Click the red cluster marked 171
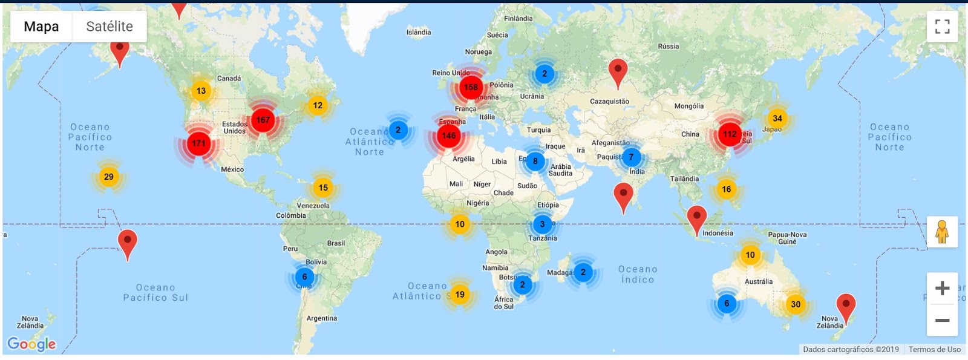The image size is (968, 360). point(198,143)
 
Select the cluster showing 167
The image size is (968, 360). point(263,120)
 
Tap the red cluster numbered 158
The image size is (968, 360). point(471,87)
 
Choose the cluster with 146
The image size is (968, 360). point(448,136)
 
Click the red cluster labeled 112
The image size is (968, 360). point(730,134)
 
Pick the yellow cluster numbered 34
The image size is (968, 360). point(777,119)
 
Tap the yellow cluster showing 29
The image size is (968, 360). point(108,177)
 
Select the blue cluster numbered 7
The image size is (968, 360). point(631,157)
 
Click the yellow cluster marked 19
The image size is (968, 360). point(460,295)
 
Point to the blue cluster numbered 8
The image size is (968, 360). point(535,161)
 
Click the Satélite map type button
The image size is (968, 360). point(110,27)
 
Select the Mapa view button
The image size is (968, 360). point(41,27)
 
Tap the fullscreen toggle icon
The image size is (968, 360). point(942,27)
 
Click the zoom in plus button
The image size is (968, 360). point(942,288)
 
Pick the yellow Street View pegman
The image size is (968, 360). point(942,232)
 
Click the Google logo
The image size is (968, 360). point(31,344)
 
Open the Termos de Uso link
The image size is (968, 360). point(934,349)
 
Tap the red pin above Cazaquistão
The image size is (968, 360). point(617,71)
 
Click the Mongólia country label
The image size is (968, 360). point(689,106)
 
